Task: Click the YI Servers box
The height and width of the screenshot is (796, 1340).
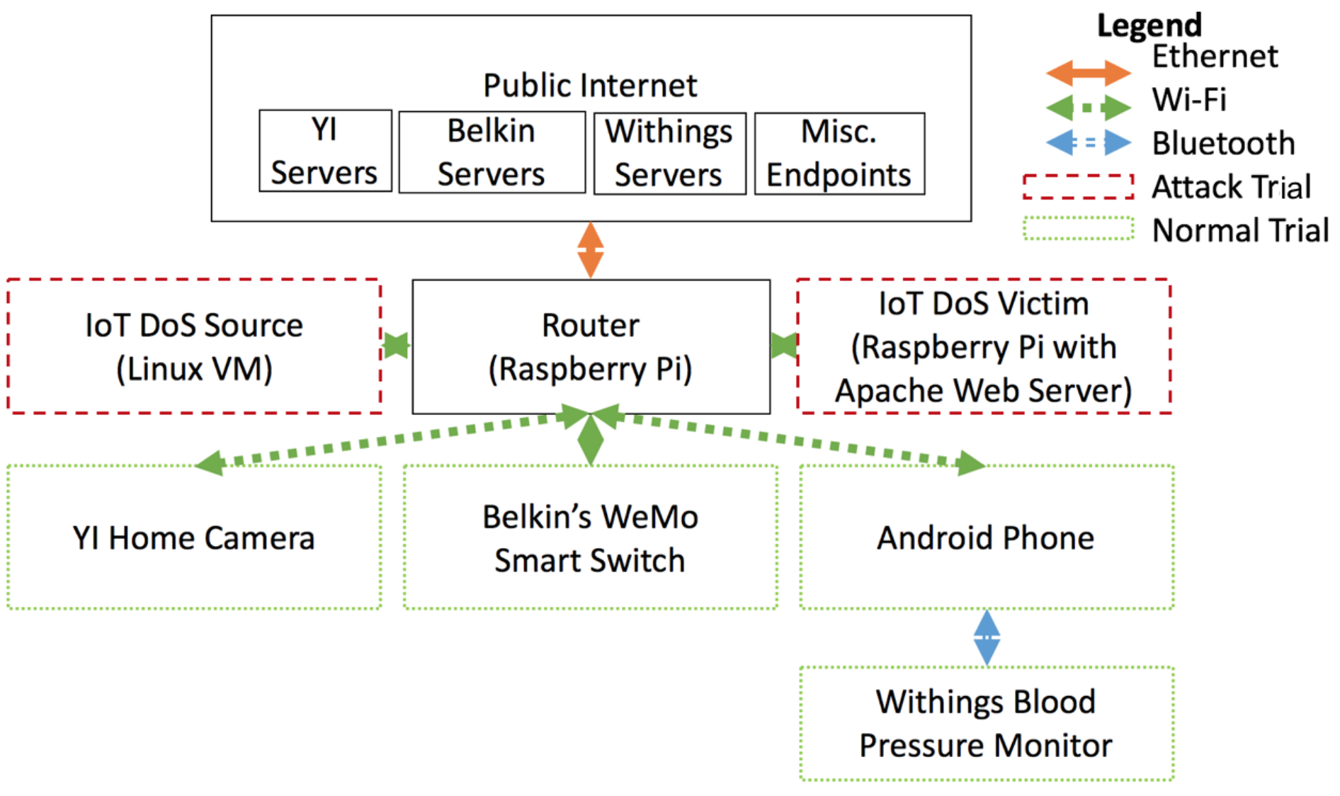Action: point(325,150)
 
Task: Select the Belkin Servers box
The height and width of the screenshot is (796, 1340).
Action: point(492,152)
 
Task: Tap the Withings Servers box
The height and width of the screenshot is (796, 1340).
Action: point(669,153)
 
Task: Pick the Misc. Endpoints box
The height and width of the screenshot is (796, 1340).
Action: point(839,153)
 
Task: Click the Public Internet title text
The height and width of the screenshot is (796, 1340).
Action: point(590,86)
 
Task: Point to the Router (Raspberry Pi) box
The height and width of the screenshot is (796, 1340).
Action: point(591,346)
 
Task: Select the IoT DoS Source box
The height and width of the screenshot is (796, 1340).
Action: point(194,346)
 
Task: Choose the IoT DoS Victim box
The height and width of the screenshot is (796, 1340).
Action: point(984,346)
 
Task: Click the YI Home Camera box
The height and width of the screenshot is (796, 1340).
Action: point(194,537)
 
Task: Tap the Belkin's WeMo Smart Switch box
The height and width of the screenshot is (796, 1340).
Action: point(591,537)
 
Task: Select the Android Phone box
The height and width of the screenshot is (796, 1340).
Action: point(987,537)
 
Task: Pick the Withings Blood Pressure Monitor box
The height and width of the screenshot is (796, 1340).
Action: point(987,723)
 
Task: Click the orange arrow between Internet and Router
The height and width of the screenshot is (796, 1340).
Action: point(591,250)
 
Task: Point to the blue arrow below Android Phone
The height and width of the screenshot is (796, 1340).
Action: point(987,637)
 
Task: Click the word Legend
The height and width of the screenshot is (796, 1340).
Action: point(1149,26)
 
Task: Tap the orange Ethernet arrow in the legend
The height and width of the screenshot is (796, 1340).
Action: point(1089,72)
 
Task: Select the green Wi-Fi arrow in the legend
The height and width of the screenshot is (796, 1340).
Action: point(1089,108)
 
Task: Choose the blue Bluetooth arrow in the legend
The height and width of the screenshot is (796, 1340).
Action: point(1089,142)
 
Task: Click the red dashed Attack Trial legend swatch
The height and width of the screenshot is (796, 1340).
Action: point(1078,186)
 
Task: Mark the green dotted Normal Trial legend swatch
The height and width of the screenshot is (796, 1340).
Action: point(1078,228)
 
